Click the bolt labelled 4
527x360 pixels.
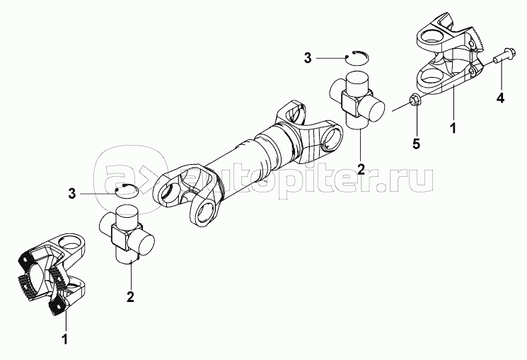(x=502, y=61)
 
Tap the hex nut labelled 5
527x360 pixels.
(x=414, y=100)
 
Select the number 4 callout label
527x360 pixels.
(x=500, y=98)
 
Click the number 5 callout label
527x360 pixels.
(x=416, y=144)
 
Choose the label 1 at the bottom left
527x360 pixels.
(x=66, y=339)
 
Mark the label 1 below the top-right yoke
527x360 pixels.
(x=453, y=128)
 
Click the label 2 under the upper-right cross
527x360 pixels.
(x=361, y=169)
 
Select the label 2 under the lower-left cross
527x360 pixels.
(x=130, y=296)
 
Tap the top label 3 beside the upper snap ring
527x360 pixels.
(x=308, y=58)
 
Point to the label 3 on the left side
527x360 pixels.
(x=72, y=194)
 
